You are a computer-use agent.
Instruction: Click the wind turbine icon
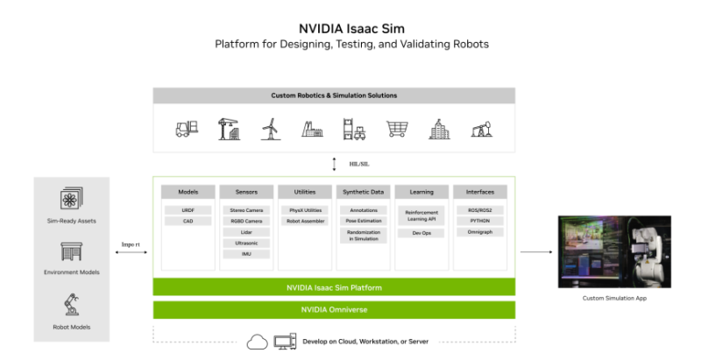tap(269, 129)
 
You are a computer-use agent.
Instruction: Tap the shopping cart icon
tap(397, 129)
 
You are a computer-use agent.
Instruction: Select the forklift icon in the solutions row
tap(185, 129)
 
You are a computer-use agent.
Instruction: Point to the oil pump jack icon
tap(481, 129)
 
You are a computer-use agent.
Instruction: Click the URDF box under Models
tap(188, 210)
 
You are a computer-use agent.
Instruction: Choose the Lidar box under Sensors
tap(246, 232)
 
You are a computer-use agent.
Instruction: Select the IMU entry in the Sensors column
tap(246, 254)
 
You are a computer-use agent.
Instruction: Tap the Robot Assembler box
tap(305, 222)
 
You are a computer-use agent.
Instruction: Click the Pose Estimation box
tap(363, 222)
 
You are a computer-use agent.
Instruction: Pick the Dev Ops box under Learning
tap(421, 233)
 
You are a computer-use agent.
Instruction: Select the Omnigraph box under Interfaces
tap(479, 232)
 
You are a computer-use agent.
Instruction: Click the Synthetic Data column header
tap(363, 191)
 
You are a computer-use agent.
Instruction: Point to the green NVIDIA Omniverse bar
tap(334, 309)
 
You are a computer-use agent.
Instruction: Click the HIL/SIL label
tap(357, 163)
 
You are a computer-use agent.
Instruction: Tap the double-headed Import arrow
tap(131, 252)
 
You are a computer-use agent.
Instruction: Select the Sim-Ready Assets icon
tap(71, 199)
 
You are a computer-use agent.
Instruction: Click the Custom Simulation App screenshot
tap(614, 252)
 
